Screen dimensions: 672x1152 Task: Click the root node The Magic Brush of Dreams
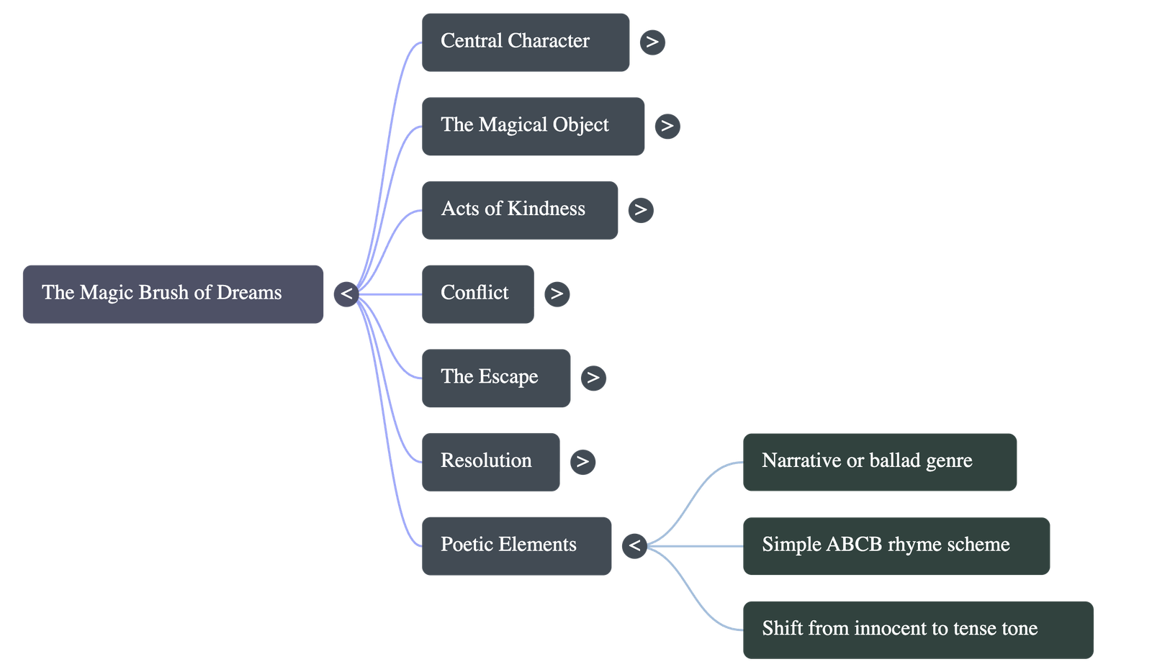[173, 294]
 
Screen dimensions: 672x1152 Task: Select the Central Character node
[525, 42]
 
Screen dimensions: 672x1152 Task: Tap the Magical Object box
[533, 126]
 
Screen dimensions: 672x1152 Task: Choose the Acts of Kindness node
[519, 209]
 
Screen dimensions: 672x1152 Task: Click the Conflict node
[477, 294]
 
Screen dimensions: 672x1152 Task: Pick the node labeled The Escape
[495, 378]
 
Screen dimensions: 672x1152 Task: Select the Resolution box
[490, 461]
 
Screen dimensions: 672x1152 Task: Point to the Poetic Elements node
[516, 545]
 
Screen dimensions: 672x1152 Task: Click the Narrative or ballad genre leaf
[879, 461]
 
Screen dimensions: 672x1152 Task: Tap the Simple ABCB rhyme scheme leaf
[896, 545]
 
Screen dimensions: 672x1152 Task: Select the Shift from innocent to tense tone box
[917, 630]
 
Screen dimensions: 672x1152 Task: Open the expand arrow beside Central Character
[652, 42]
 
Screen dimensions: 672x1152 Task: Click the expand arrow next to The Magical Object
[667, 126]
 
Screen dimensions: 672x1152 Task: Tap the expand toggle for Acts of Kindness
[641, 209]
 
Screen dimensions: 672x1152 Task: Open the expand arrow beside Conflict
[557, 294]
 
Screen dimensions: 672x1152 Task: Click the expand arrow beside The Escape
[593, 378]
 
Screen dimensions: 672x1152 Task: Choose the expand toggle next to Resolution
[582, 461]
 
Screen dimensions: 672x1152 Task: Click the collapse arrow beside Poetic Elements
[634, 545]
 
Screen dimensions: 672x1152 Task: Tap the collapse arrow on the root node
[346, 294]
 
